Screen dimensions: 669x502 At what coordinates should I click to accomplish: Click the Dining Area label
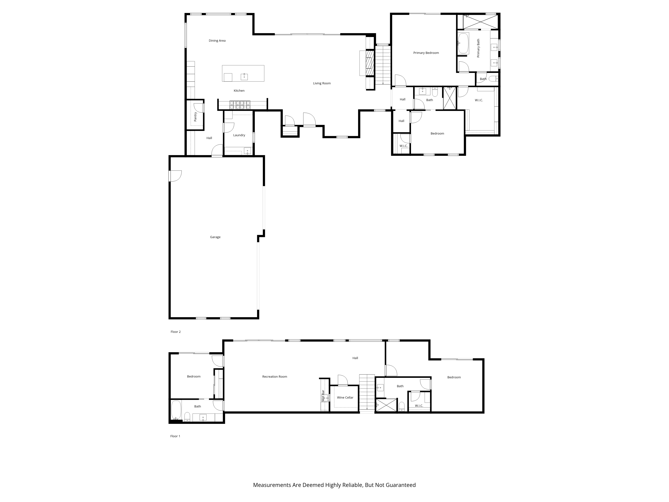tap(217, 40)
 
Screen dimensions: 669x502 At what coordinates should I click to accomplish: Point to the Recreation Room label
tap(275, 376)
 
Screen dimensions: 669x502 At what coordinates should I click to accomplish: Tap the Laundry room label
tap(239, 135)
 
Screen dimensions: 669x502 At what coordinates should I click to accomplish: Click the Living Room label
tap(322, 83)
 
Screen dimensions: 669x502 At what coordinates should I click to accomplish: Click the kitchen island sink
tap(244, 77)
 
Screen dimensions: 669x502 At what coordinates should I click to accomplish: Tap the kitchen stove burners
tap(240, 105)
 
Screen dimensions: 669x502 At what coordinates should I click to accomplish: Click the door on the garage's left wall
tap(175, 176)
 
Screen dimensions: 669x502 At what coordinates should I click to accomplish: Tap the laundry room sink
tap(247, 151)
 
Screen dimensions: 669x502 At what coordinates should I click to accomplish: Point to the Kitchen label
tap(239, 91)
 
